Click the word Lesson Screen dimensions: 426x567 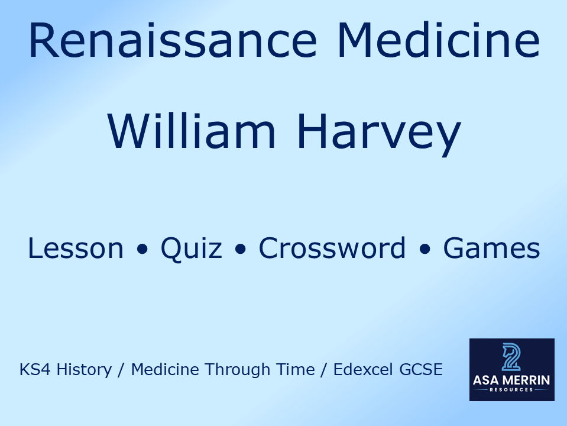(x=76, y=248)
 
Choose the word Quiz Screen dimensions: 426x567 (x=191, y=248)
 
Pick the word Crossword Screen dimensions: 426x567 (x=332, y=248)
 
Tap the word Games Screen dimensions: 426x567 (x=491, y=248)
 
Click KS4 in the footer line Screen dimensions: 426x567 (x=33, y=370)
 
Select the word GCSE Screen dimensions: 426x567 (x=420, y=370)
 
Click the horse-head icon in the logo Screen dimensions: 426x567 (x=511, y=357)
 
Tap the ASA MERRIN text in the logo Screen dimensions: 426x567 (x=511, y=380)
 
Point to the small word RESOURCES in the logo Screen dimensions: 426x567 (x=511, y=390)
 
